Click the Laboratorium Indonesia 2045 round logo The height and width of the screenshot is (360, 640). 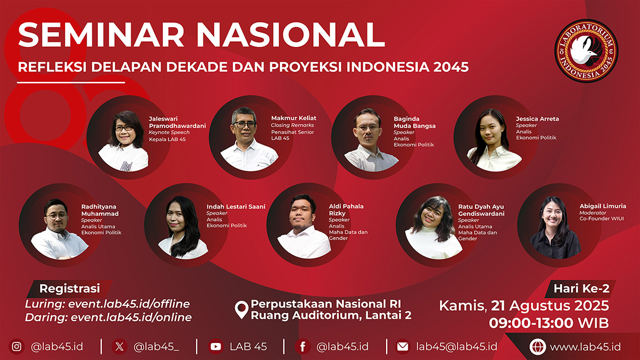[586, 51]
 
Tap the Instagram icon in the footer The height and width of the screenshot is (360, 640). [17, 346]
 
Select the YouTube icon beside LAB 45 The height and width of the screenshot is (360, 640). [215, 346]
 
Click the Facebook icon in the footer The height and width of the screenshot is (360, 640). [302, 346]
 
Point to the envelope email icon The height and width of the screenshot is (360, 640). [403, 346]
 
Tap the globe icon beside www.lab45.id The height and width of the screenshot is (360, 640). [538, 347]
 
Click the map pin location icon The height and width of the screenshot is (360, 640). [241, 310]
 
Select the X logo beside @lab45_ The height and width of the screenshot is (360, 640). [119, 346]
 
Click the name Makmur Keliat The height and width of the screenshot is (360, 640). [293, 118]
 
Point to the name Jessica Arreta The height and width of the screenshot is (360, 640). [537, 119]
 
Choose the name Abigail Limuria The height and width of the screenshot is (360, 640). [603, 206]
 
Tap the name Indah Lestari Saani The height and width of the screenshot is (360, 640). [236, 206]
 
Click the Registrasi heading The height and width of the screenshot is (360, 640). [70, 289]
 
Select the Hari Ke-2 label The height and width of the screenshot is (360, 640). [581, 289]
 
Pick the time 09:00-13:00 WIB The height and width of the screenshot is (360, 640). [549, 323]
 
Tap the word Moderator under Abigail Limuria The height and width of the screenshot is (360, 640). [593, 212]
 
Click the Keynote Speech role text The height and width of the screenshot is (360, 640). [169, 132]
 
